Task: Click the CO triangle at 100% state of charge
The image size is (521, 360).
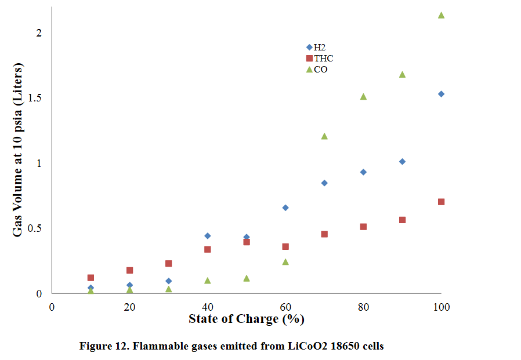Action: (x=441, y=15)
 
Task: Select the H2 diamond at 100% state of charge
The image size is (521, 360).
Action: (x=441, y=94)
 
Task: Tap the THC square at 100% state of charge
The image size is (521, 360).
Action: (x=441, y=202)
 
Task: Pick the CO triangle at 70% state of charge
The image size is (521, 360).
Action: (x=324, y=136)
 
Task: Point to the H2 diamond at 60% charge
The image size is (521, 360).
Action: (x=285, y=208)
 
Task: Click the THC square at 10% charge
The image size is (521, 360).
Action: (x=91, y=278)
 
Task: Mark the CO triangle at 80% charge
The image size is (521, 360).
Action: (x=363, y=96)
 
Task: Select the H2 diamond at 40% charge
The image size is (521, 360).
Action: (x=207, y=236)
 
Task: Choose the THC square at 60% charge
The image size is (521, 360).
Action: (x=285, y=246)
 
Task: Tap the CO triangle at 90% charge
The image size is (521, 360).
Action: (x=402, y=74)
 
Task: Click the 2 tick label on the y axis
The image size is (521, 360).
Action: (x=39, y=33)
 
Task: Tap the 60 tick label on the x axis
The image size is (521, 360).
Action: (x=285, y=306)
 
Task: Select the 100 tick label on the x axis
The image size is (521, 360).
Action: (x=441, y=306)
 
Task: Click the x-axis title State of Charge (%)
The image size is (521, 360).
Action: (x=246, y=319)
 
